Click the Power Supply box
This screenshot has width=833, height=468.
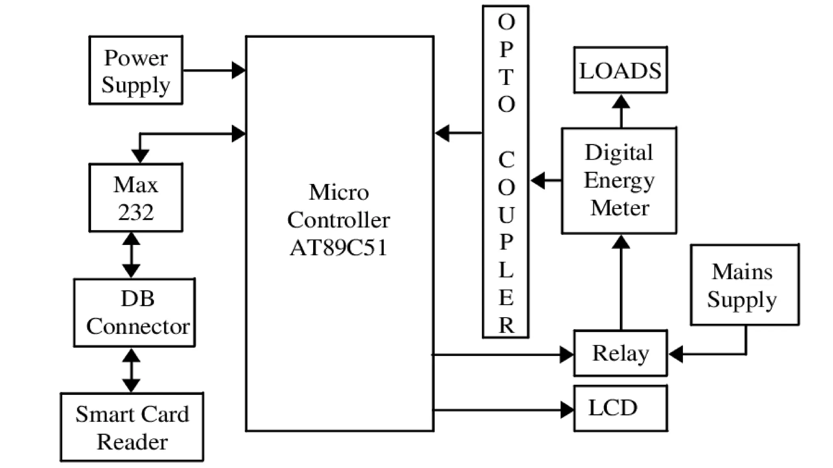point(135,70)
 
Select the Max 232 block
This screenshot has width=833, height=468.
point(135,198)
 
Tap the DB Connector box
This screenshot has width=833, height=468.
point(134,312)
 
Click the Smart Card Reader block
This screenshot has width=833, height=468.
point(132,427)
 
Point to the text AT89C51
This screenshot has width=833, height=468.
point(338,247)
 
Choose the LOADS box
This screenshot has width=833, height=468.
point(620,70)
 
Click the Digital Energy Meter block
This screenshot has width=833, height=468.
point(619,181)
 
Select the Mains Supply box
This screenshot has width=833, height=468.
point(744,285)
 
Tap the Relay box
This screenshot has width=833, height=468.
point(620,353)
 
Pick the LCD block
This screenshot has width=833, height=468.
point(620,408)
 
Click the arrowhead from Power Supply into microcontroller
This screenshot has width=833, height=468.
point(238,70)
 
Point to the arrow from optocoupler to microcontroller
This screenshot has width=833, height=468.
point(458,133)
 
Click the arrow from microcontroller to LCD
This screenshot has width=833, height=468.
point(504,410)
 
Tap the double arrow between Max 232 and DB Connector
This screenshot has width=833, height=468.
point(131,255)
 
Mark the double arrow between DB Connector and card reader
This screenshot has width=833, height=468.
point(131,370)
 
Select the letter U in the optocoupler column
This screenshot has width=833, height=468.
point(506,215)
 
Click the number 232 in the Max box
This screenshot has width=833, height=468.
point(135,212)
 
